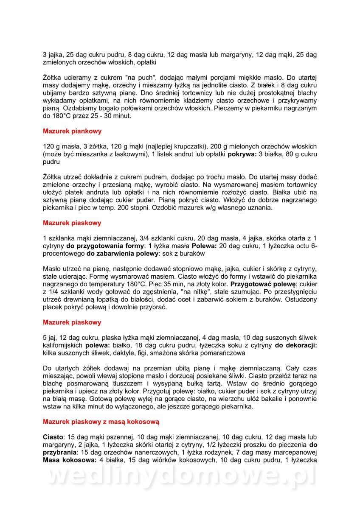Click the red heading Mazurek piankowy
72,131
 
